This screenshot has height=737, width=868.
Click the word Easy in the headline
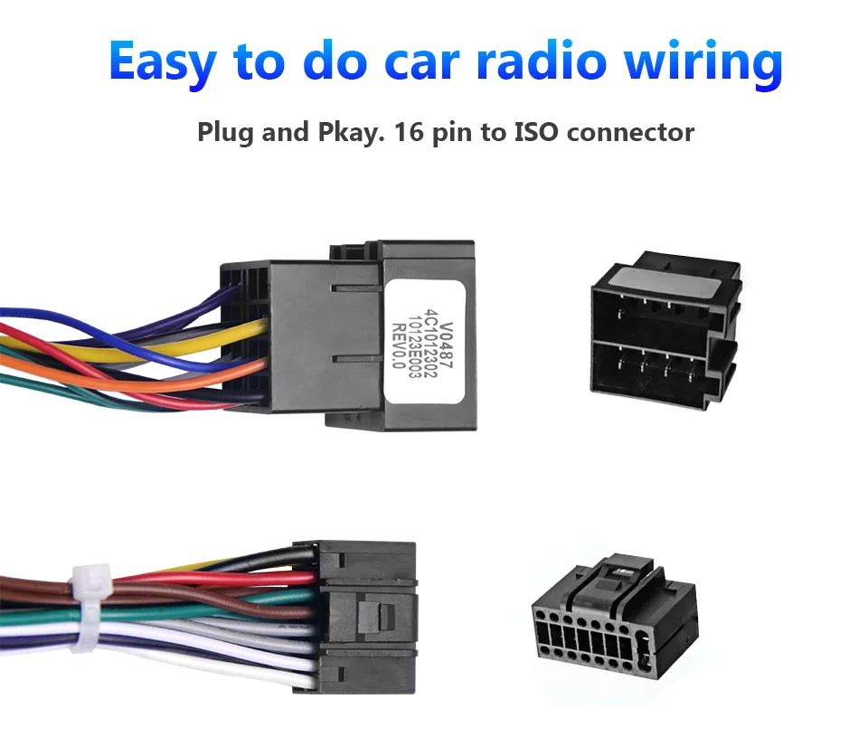pos(162,61)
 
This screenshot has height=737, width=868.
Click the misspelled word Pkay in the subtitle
pos(335,134)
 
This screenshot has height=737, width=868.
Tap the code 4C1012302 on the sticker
pos(432,340)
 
